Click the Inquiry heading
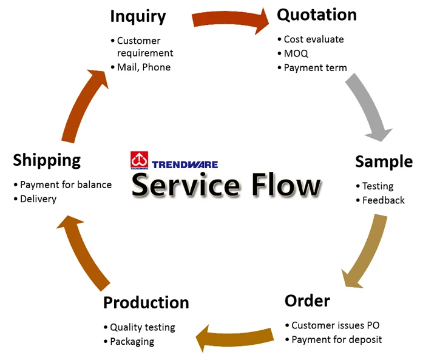138,16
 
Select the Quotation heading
317,15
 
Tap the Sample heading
384,161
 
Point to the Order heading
307,301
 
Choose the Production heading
146,302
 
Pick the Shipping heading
47,160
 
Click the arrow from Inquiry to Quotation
231,19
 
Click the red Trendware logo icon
139,160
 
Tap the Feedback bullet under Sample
383,200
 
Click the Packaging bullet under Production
132,342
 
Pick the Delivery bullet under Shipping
38,199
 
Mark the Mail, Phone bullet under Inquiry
143,67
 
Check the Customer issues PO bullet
335,325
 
